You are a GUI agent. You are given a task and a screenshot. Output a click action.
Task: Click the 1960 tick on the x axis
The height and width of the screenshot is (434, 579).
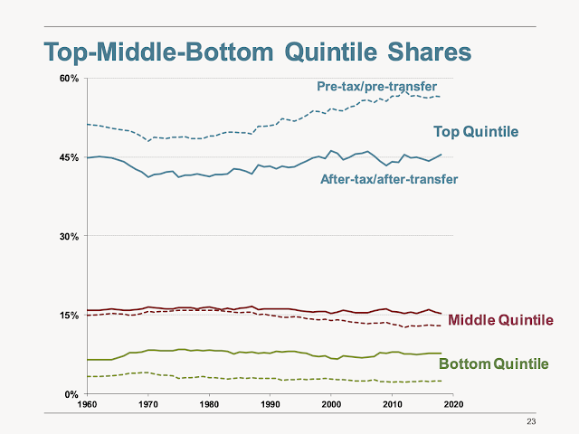[x=87, y=404]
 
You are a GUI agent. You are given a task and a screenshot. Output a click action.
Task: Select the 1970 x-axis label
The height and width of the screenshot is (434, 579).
[x=148, y=404]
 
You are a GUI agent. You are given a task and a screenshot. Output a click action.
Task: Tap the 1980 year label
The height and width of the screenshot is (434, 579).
[x=209, y=404]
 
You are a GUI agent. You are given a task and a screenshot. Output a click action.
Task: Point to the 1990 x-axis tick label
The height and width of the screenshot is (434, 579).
[x=271, y=404]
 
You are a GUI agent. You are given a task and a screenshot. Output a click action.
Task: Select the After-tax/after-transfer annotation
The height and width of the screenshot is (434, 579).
[x=389, y=179]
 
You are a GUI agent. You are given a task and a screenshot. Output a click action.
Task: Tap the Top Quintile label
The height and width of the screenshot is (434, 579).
[x=476, y=132]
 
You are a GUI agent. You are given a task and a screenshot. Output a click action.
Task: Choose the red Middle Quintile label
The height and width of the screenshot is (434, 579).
[x=500, y=320]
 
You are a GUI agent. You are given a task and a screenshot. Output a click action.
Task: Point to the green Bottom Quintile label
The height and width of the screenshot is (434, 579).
[x=493, y=364]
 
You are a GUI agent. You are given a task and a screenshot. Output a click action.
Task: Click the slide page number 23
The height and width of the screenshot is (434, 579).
[x=531, y=421]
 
